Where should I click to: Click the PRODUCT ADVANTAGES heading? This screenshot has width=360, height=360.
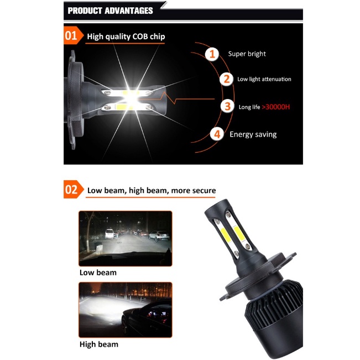click(110, 11)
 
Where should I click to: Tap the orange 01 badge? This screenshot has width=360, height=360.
click(73, 35)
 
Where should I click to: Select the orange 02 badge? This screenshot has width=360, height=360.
click(74, 190)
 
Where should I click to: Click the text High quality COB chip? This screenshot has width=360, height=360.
click(126, 36)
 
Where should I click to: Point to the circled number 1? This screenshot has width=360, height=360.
click(212, 54)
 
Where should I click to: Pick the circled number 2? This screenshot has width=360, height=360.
click(226, 79)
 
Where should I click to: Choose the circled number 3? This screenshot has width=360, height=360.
click(227, 106)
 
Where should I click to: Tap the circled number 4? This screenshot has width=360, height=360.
click(217, 134)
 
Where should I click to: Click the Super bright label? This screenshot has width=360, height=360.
click(247, 54)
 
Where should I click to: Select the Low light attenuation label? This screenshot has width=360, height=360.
click(264, 79)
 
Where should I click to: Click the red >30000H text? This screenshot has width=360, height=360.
click(276, 107)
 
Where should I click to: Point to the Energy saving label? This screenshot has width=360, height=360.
click(253, 134)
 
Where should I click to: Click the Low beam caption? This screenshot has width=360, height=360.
click(98, 273)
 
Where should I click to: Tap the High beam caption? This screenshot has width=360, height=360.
click(99, 345)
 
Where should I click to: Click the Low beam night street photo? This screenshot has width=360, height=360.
click(126, 238)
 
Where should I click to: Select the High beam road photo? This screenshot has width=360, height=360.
click(126, 310)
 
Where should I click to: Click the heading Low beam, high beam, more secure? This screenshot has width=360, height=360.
click(152, 191)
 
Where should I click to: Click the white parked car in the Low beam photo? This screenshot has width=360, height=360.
click(109, 234)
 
